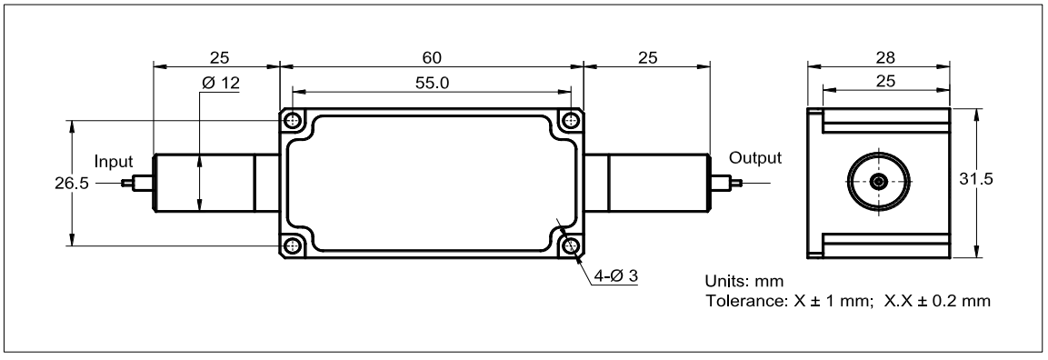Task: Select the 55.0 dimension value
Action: (x=433, y=83)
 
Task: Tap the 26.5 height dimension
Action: (x=72, y=183)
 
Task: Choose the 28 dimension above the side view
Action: (x=885, y=57)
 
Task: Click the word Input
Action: (x=114, y=162)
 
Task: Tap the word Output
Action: (x=754, y=158)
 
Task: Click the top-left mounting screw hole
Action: (x=292, y=121)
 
